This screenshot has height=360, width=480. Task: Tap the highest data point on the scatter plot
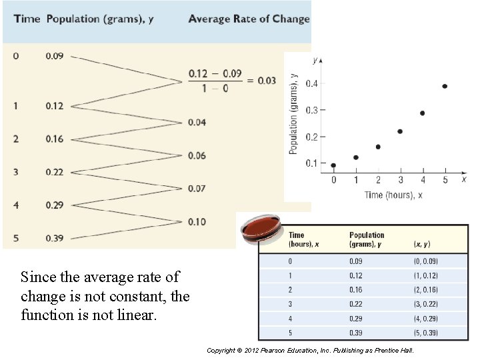(445, 86)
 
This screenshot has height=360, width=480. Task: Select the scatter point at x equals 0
(333, 165)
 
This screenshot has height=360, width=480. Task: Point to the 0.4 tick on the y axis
(312, 83)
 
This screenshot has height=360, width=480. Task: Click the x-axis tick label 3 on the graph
(400, 180)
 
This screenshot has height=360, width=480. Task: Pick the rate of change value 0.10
(197, 221)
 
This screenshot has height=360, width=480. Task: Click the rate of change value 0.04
(197, 122)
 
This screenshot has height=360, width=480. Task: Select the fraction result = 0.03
(261, 81)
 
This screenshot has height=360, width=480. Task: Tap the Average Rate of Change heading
(249, 19)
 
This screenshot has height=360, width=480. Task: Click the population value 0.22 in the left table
(55, 172)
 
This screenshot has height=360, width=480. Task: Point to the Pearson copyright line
(310, 350)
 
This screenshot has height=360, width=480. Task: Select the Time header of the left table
(27, 19)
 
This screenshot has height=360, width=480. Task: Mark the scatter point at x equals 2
(378, 147)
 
